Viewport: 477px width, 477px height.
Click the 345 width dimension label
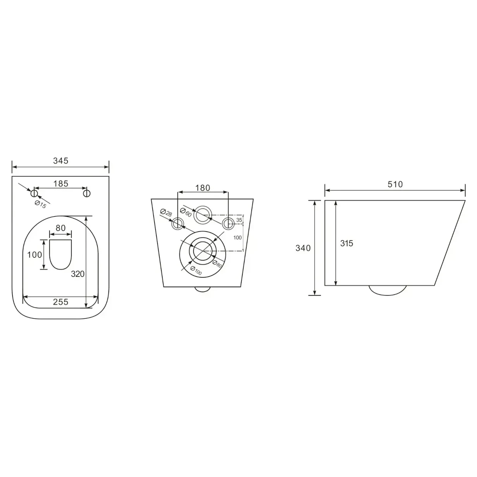(61, 161)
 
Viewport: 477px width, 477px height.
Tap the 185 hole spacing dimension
(61, 184)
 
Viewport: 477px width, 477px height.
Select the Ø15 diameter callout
(41, 204)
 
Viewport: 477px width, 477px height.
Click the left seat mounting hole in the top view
(34, 193)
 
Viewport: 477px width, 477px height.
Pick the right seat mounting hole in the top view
(87, 193)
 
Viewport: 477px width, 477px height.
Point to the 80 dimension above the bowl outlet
(61, 228)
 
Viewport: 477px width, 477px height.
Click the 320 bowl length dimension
(78, 274)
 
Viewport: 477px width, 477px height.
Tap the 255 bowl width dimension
(61, 302)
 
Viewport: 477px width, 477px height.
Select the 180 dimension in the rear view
(203, 188)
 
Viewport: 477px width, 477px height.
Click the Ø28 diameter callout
(166, 213)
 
